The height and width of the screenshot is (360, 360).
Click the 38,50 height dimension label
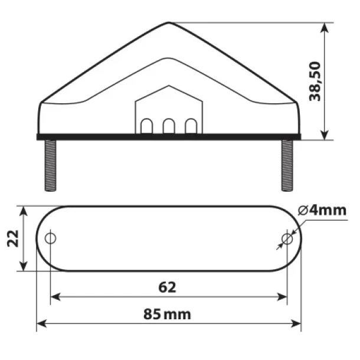(315, 81)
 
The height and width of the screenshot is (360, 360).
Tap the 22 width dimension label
(13, 238)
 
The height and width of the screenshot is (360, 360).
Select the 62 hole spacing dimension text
(168, 287)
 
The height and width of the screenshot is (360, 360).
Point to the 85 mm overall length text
(167, 315)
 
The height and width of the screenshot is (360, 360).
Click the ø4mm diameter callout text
(322, 210)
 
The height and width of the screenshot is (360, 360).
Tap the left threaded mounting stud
(51, 165)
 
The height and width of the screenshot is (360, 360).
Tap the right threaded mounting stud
(287, 165)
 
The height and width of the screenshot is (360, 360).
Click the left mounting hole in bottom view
(51, 238)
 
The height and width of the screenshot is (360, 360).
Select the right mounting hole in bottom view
(287, 239)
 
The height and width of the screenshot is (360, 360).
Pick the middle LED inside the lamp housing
(169, 126)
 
